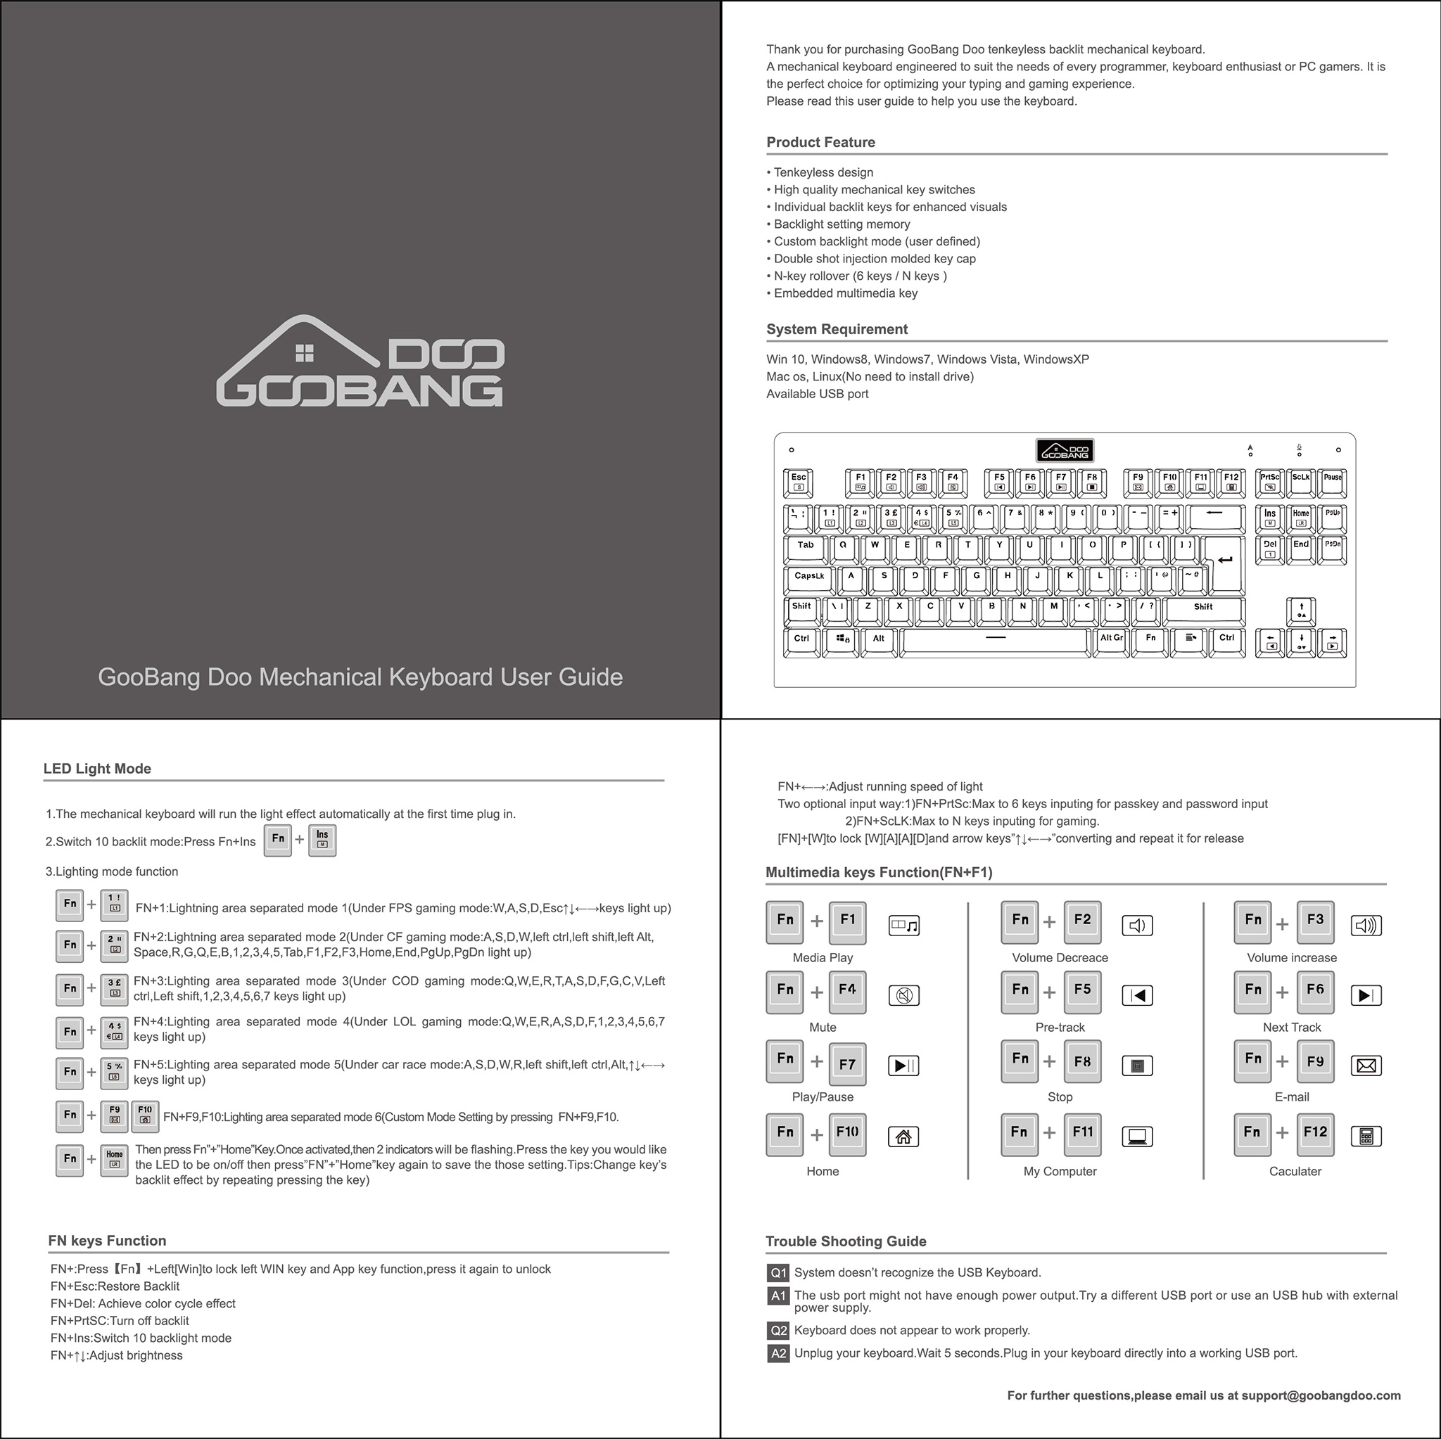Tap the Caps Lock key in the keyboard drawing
(x=809, y=579)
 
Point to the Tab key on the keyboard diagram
(x=806, y=548)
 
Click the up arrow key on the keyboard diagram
(x=1301, y=610)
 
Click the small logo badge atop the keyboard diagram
(x=1065, y=450)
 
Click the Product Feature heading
(x=820, y=142)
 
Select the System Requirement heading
(x=837, y=330)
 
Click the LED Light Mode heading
(x=97, y=769)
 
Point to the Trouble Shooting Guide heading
(x=846, y=1241)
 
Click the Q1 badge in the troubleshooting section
(x=778, y=1273)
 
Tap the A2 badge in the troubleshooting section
(x=778, y=1353)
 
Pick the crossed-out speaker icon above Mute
(x=903, y=995)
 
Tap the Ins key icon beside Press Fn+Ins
(x=322, y=840)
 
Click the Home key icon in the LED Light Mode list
(x=114, y=1159)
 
